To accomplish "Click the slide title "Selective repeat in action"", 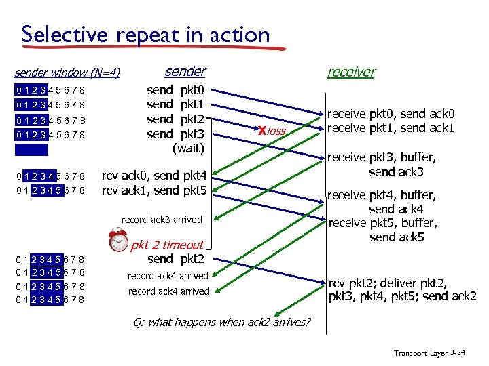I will (x=145, y=35).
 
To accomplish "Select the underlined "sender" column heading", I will (x=185, y=71).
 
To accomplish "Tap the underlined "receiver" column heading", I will (x=350, y=72).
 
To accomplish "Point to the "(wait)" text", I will (x=189, y=148).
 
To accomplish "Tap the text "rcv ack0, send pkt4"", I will (x=159, y=176).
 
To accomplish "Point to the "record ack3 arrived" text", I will (x=162, y=220).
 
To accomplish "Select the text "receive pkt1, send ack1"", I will (x=391, y=128).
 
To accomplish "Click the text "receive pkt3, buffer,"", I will (x=382, y=158).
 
